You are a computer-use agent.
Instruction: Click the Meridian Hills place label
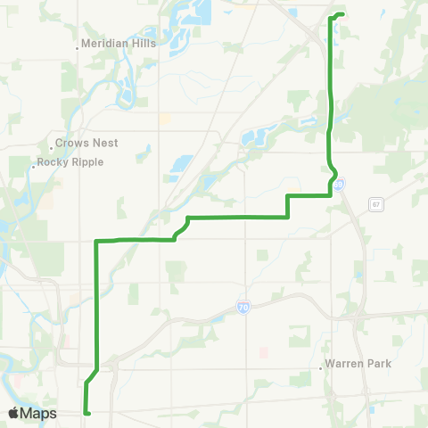coord(118,43)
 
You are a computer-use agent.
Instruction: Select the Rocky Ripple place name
coord(71,162)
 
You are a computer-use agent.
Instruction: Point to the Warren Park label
coord(358,364)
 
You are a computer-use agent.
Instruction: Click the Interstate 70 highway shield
coord(243,308)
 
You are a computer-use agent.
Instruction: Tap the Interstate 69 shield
coord(340,185)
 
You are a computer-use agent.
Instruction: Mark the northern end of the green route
coord(342,14)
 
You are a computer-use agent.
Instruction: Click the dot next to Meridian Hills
coord(78,48)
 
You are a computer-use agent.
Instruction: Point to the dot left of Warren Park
coord(322,366)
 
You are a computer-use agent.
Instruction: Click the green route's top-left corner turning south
coord(95,241)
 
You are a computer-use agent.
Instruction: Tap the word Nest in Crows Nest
coord(104,143)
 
